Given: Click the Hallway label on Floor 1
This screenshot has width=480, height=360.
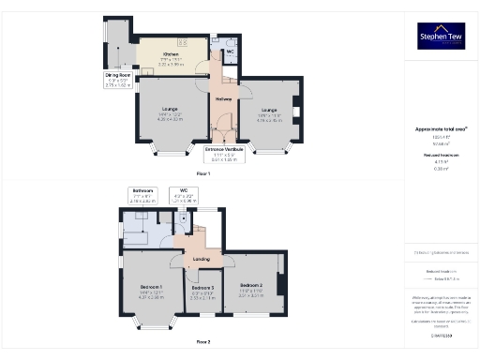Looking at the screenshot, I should click(224, 99).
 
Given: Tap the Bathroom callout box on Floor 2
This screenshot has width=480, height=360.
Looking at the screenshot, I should click(142, 196).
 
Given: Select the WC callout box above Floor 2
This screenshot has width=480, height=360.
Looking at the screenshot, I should click(183, 196).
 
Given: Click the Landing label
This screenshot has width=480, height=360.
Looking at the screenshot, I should click(201, 260).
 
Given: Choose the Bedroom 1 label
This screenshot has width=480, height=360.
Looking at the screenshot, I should click(152, 290).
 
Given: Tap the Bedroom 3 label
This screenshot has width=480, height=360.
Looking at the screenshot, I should click(202, 290).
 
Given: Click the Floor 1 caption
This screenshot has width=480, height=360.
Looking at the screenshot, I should click(203, 174).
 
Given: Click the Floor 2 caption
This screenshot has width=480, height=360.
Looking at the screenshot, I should click(203, 342).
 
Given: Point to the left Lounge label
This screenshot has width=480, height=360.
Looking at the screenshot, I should click(170, 113).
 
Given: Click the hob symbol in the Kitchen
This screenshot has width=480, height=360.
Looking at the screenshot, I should click(182, 43).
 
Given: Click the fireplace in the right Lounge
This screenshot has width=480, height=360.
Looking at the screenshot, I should click(296, 113).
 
